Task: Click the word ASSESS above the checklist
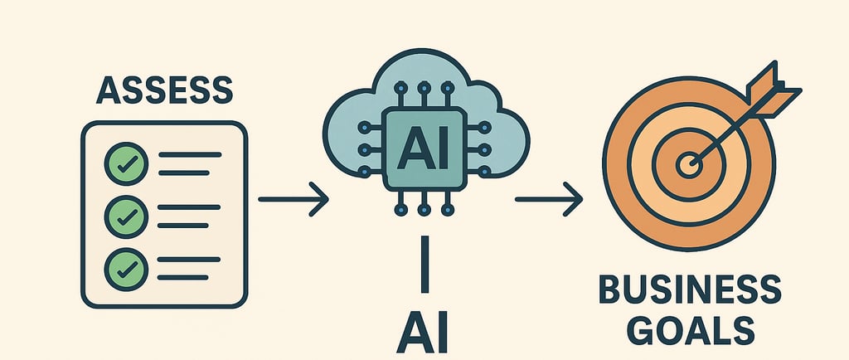coord(164,89)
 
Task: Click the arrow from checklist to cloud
coord(294,200)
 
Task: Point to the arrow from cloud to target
coord(550,200)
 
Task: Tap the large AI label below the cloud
coord(424,333)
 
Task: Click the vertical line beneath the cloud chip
coord(424,265)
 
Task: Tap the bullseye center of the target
coord(687,164)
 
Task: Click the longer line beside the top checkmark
coord(189,154)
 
